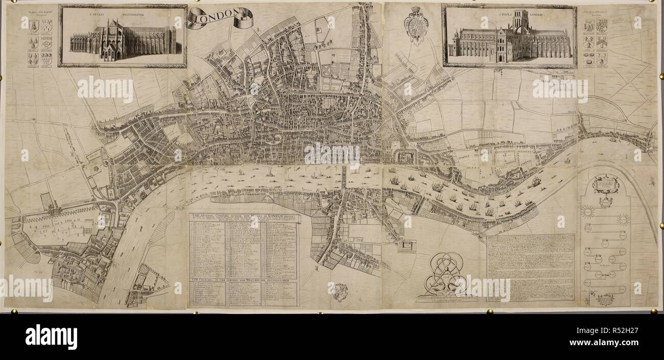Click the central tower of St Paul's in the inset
pyautogui.click(x=520, y=21)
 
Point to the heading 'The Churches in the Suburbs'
pyautogui.click(x=243, y=279)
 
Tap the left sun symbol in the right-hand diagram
pyautogui.click(x=588, y=211)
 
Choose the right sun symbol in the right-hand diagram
pyautogui.click(x=623, y=220)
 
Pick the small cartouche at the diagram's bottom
pyautogui.click(x=605, y=299)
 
